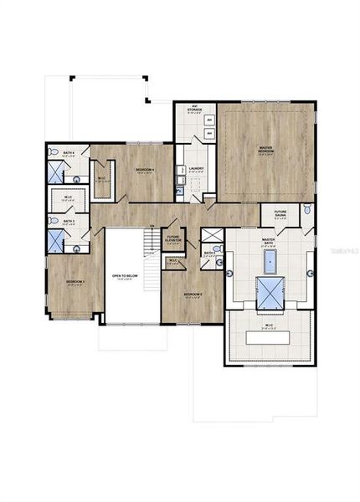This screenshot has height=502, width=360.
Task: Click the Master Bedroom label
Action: [x=265, y=151]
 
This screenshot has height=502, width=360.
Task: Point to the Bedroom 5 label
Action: [x=193, y=295]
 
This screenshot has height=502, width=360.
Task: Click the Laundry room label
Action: [x=197, y=169]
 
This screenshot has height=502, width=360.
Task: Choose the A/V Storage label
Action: [x=193, y=109]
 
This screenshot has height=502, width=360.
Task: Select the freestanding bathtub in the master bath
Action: [x=270, y=262]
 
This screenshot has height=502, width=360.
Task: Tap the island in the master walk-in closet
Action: [x=270, y=337]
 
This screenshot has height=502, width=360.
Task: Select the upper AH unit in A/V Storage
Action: [x=208, y=120]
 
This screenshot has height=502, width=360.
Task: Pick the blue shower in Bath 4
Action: [x=55, y=172]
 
